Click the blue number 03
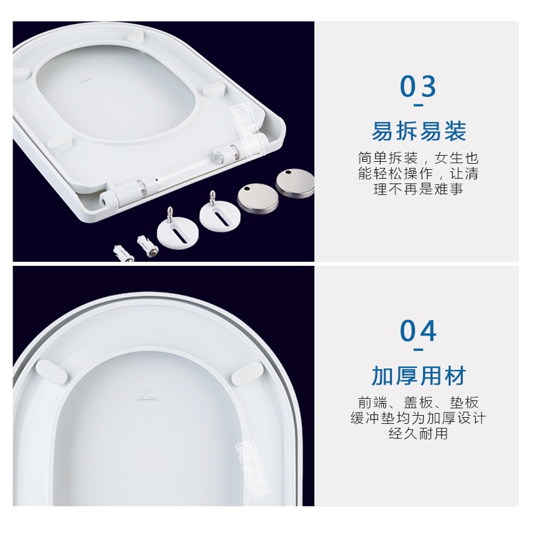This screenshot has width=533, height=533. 418,86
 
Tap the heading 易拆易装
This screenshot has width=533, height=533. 418,131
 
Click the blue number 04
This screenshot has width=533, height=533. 418,330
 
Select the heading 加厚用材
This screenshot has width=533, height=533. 418,375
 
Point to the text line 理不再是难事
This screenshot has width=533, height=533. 418,189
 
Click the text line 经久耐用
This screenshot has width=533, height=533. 418,434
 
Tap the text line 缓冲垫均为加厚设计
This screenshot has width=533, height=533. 418,418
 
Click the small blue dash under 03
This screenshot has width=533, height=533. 418,105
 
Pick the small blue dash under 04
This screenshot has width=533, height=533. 418,349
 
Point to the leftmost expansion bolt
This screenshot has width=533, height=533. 123,254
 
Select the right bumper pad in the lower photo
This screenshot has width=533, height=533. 247,374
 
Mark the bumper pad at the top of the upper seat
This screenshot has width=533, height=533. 136,35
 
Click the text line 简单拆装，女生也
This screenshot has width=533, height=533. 418,158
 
